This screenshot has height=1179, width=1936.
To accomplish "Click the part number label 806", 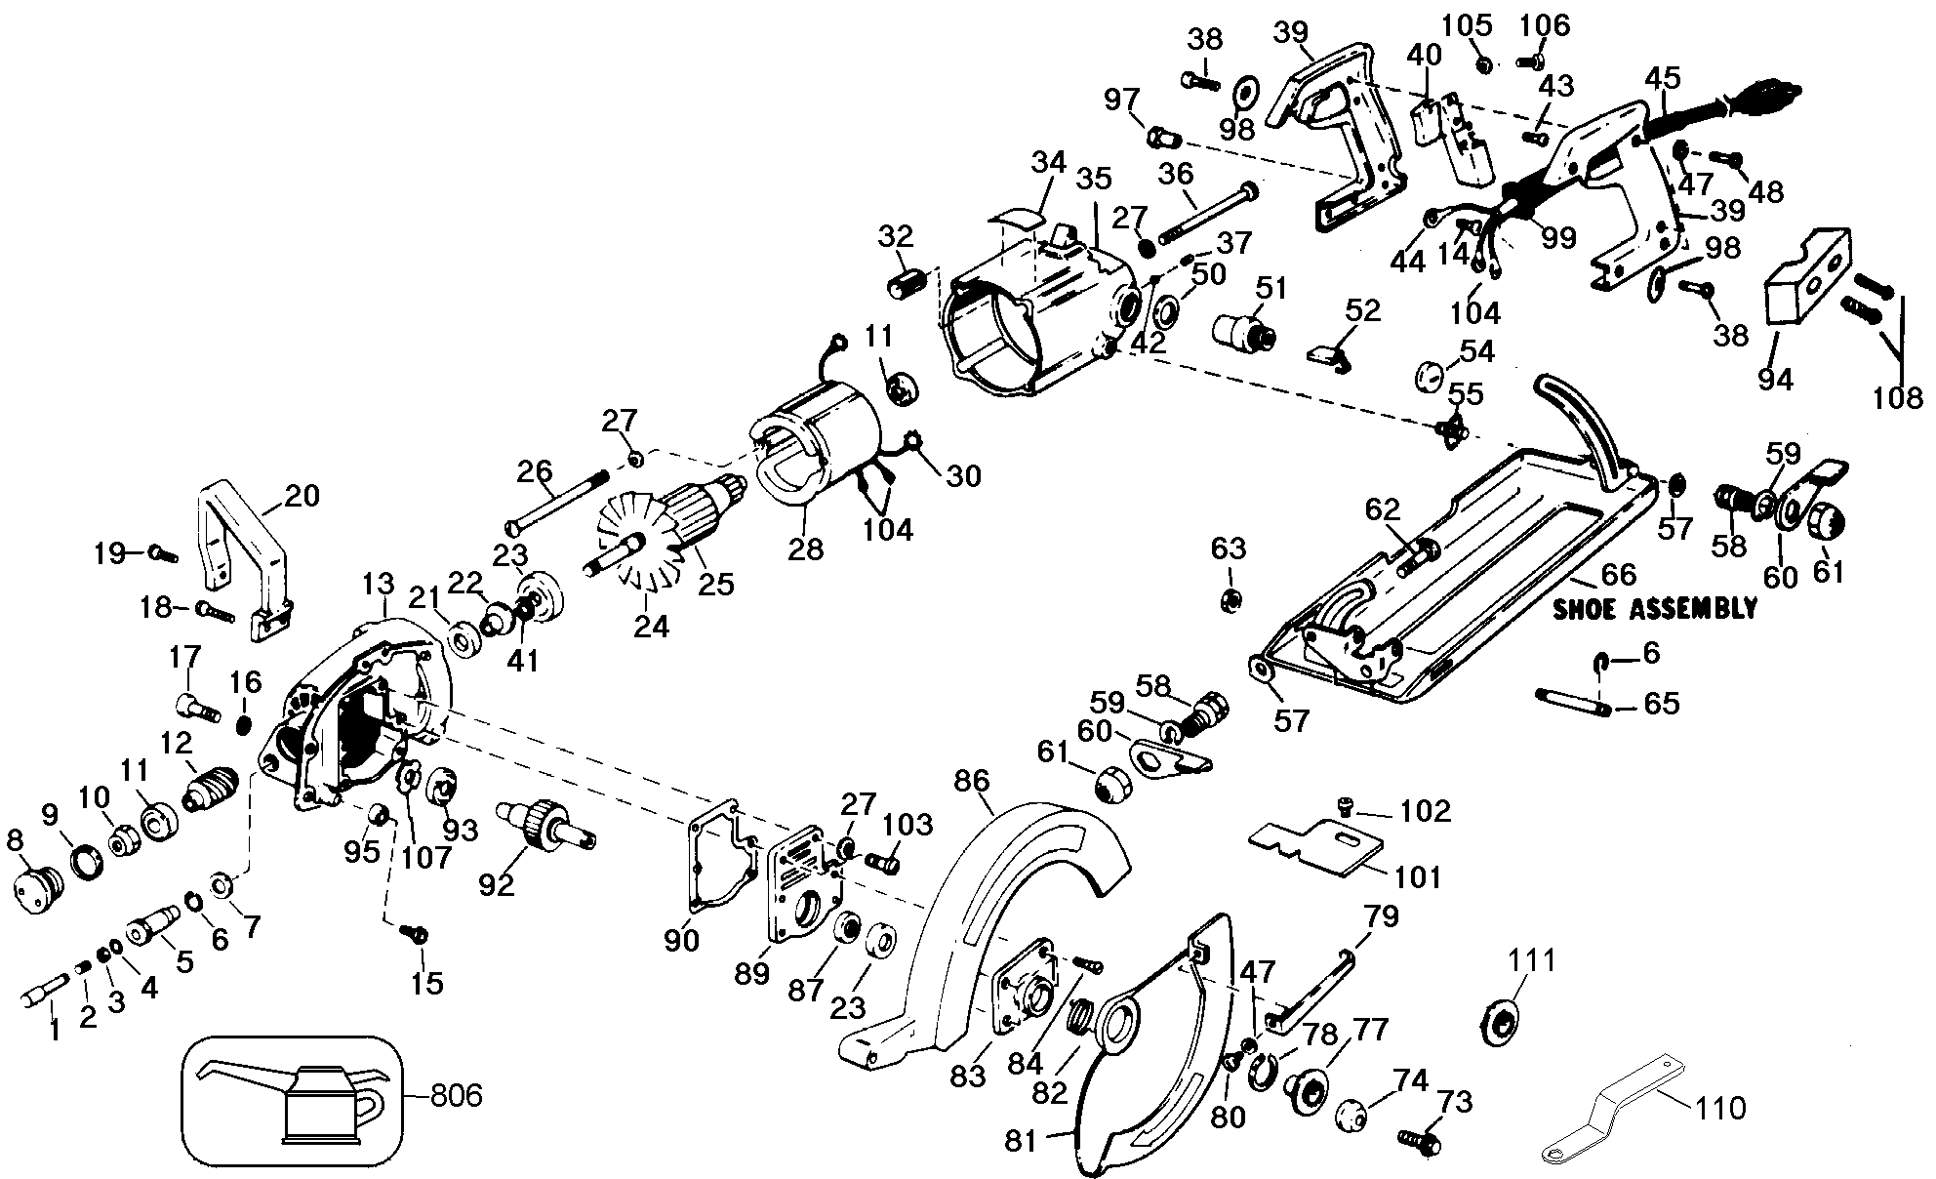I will (x=456, y=1096).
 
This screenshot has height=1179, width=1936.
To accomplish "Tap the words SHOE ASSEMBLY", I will (x=1654, y=609).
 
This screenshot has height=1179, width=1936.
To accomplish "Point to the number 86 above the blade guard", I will (x=971, y=781).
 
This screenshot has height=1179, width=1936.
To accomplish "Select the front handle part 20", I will (x=245, y=561).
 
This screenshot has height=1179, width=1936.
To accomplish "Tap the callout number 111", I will (x=1532, y=962).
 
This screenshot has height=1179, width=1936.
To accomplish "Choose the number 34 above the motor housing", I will (x=1048, y=163).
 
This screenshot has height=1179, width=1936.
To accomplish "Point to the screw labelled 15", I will (x=415, y=933).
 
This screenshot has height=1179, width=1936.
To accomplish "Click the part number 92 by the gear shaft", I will (x=496, y=885).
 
